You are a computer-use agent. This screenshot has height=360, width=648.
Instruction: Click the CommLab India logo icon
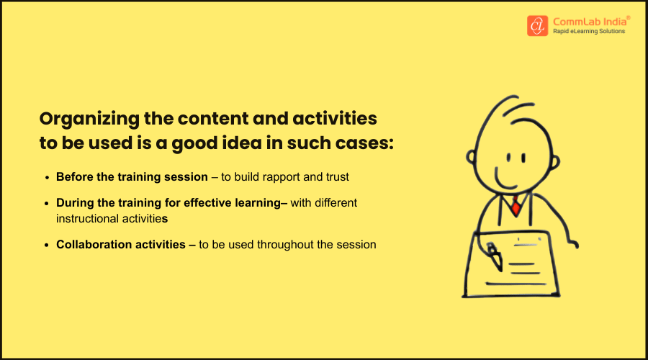click(537, 25)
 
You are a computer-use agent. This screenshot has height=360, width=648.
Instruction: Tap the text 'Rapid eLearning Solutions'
click(588, 32)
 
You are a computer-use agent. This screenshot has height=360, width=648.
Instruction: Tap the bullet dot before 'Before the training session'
click(48, 177)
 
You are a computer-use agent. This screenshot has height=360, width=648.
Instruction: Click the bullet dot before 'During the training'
click(48, 204)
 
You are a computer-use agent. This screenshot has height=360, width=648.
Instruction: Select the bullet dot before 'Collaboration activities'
click(48, 245)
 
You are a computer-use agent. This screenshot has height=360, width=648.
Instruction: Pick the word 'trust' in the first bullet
click(336, 176)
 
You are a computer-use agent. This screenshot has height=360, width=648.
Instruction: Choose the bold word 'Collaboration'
click(91, 245)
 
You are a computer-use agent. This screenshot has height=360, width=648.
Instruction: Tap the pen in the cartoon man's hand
click(495, 256)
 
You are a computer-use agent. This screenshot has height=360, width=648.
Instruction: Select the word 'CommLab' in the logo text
click(574, 20)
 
